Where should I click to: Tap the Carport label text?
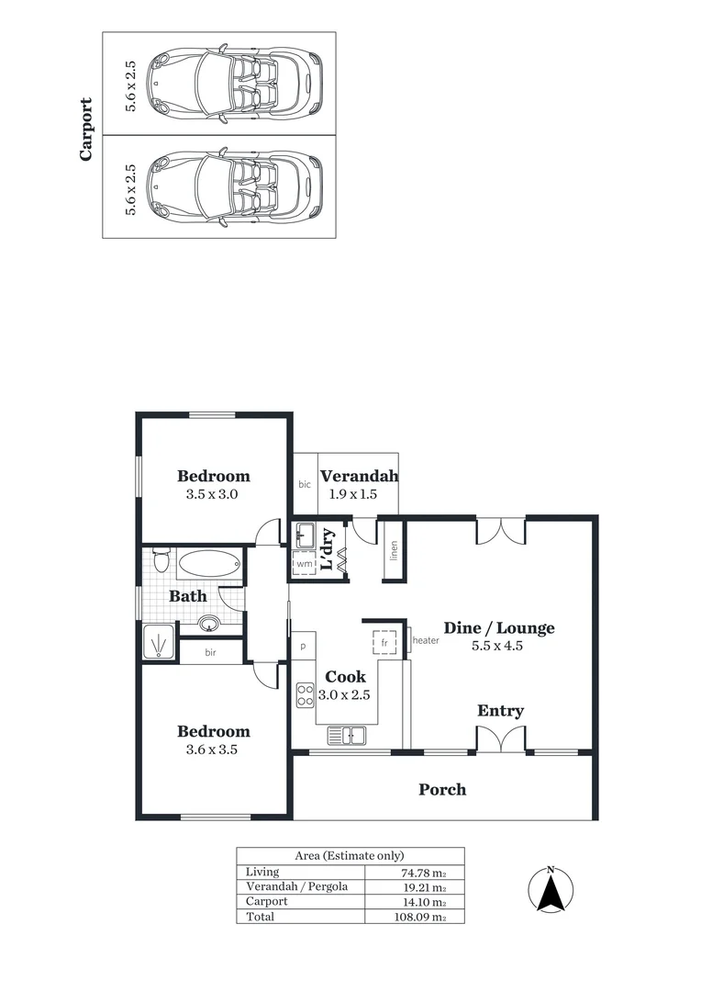(x=86, y=130)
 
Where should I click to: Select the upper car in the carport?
(x=237, y=84)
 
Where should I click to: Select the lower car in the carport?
(x=237, y=186)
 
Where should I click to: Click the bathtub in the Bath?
(x=207, y=564)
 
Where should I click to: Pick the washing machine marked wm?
(x=304, y=563)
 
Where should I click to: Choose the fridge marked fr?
(x=385, y=642)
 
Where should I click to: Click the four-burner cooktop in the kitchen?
(x=305, y=694)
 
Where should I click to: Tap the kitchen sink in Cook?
(x=346, y=734)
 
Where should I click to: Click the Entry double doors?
(x=500, y=738)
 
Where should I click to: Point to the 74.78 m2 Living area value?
(x=424, y=873)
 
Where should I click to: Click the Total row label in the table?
(x=260, y=917)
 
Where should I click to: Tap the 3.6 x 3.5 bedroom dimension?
(x=213, y=750)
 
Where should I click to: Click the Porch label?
(x=442, y=789)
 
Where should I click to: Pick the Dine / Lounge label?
(x=499, y=628)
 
